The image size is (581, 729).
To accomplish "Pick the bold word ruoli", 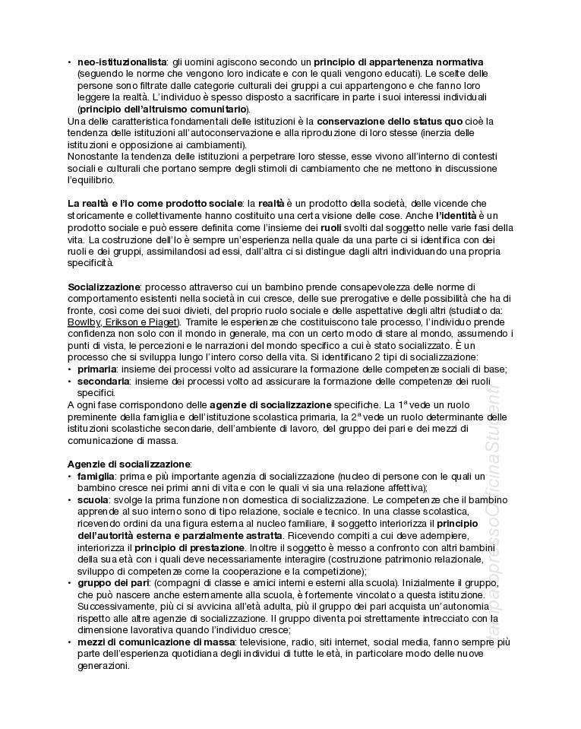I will (330, 228).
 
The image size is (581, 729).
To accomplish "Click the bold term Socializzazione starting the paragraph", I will (104, 287).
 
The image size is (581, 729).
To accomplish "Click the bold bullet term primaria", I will (96, 369).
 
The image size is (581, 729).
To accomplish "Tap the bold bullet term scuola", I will (92, 499).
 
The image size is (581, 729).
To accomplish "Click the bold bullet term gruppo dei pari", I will (108, 582).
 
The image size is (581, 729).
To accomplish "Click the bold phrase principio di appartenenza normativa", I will (399, 62).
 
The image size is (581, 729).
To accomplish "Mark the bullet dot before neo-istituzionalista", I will (70, 62).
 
